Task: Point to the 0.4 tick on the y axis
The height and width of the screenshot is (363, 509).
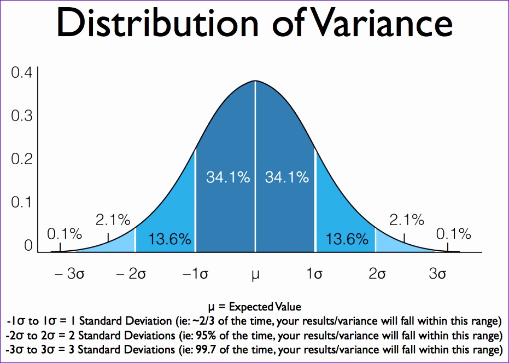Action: click(x=22, y=73)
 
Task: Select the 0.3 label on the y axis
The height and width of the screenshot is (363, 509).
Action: click(x=22, y=116)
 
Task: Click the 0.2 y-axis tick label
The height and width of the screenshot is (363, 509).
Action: click(x=22, y=159)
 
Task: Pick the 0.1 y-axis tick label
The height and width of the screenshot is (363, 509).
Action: click(x=22, y=203)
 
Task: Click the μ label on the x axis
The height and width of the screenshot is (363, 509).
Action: click(x=255, y=274)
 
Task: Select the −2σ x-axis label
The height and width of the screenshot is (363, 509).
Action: click(x=131, y=274)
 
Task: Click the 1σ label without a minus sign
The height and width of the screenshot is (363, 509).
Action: click(x=314, y=274)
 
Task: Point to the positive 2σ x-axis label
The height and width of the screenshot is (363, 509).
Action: click(x=377, y=274)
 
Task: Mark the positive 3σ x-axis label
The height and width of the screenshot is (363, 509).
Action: click(x=437, y=274)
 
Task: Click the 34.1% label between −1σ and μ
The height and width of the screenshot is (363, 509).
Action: click(x=228, y=177)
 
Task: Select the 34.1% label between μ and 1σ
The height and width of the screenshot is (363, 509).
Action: click(x=286, y=177)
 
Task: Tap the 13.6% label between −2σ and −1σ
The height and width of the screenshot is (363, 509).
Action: click(x=169, y=239)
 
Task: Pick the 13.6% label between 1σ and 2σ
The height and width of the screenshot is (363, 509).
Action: click(x=347, y=239)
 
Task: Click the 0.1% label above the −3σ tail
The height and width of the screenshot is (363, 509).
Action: click(x=65, y=234)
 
